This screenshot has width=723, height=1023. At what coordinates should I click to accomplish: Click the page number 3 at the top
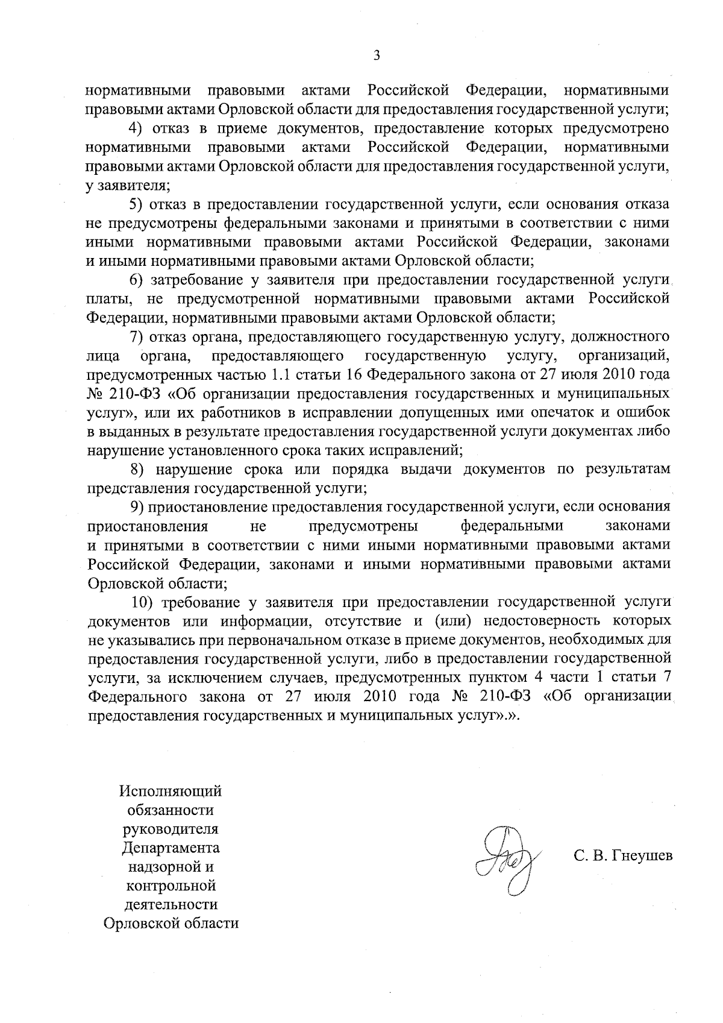point(377,56)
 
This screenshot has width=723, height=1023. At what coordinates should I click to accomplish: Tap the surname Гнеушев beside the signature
point(640,856)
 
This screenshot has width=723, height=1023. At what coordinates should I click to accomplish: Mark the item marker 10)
point(143,602)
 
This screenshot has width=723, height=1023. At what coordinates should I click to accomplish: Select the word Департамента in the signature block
point(171,848)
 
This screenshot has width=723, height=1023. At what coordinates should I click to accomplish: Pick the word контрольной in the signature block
point(171,886)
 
